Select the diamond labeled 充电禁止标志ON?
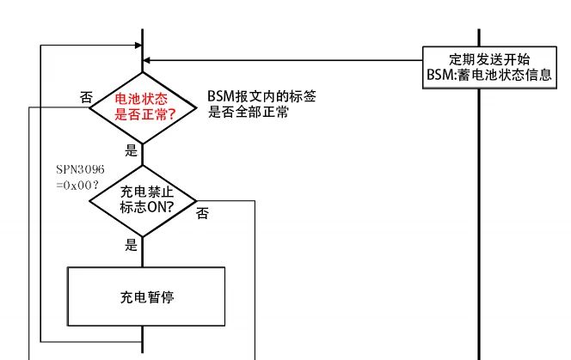(x=143, y=200)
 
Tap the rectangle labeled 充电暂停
(x=145, y=297)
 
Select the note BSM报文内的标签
(x=255, y=96)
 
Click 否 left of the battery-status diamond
(x=86, y=98)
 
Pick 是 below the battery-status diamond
(x=132, y=149)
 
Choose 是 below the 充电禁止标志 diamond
(x=132, y=246)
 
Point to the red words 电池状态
(x=143, y=98)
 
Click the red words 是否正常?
(x=143, y=113)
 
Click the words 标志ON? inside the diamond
(x=143, y=207)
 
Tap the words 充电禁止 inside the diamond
(x=143, y=192)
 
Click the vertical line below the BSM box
(x=479, y=215)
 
